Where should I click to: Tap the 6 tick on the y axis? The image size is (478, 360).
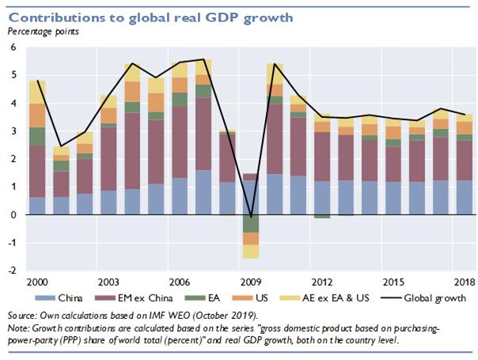coord(13,48)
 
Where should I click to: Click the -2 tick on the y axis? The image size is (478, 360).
coord(12,270)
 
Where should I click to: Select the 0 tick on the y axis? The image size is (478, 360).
coord(13,214)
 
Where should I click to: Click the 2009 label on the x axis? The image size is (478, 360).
coord(250,282)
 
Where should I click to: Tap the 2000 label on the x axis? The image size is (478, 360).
coord(36,282)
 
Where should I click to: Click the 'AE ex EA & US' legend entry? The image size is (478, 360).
coord(349,298)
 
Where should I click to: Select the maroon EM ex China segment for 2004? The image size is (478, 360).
coord(132,151)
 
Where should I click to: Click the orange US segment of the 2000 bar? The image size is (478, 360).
coord(36,115)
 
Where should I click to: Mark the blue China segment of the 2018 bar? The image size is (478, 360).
coord(466,197)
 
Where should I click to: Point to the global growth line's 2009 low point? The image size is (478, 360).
coord(250,217)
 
